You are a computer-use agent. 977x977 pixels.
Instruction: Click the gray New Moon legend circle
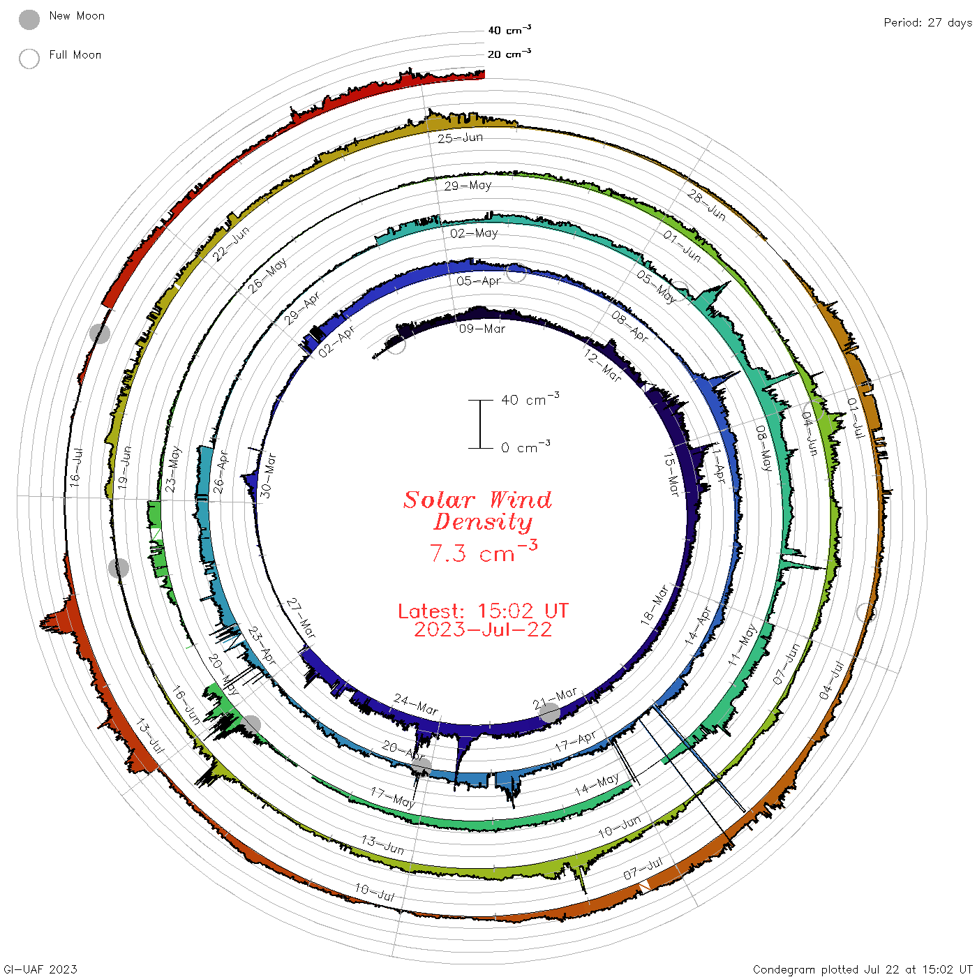point(29,20)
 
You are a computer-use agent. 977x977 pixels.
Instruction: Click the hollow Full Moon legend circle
point(29,59)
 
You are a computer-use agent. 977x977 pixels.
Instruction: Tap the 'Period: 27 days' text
point(928,23)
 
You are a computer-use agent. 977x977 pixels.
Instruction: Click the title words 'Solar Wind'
point(477,500)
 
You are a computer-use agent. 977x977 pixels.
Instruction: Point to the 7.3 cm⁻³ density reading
point(483,552)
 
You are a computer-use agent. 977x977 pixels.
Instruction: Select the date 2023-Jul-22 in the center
point(483,629)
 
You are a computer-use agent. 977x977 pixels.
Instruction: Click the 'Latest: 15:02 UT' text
point(483,611)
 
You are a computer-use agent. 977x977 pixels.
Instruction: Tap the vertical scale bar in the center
point(480,424)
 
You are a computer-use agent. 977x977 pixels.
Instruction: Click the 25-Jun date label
point(461,138)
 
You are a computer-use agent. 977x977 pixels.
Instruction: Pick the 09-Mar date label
point(482,329)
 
